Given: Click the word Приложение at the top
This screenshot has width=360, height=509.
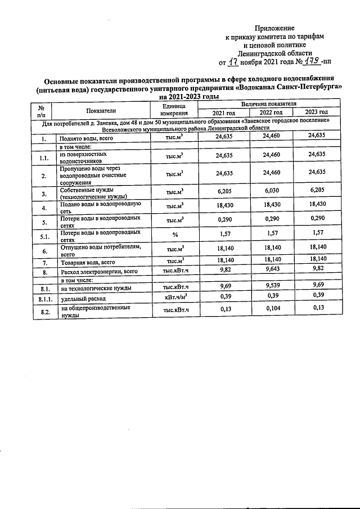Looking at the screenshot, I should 274,28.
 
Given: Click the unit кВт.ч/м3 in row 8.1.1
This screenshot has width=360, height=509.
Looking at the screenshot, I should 174,296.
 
